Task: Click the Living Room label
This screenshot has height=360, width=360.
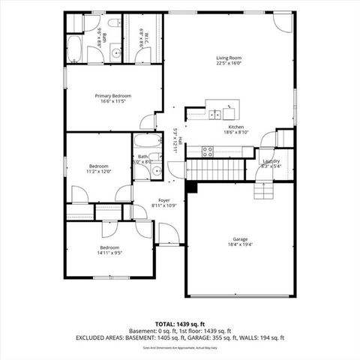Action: click(x=228, y=58)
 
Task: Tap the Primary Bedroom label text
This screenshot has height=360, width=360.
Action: click(x=112, y=96)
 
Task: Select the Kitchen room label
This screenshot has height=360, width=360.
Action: click(x=236, y=127)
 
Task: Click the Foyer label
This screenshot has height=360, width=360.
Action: click(x=163, y=200)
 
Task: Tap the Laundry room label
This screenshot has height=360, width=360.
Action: click(x=271, y=160)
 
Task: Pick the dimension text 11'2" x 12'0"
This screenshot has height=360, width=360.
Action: click(x=100, y=171)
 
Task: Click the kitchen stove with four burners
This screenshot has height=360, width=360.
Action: click(x=208, y=151)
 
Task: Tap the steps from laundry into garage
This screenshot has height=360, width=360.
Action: click(x=264, y=193)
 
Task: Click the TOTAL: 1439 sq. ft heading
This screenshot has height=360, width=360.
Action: click(x=179, y=323)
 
